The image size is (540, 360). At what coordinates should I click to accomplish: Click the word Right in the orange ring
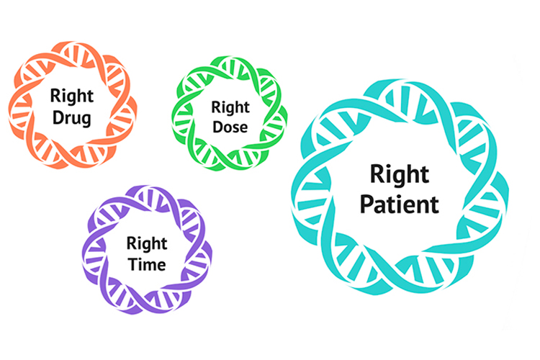pyautogui.click(x=71, y=96)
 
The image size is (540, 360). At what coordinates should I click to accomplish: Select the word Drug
pyautogui.click(x=71, y=118)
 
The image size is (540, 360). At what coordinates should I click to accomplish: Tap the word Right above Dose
pyautogui.click(x=230, y=108)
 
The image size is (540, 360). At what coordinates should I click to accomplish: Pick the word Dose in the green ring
pyautogui.click(x=230, y=127)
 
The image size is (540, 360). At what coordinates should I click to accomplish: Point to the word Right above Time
pyautogui.click(x=147, y=244)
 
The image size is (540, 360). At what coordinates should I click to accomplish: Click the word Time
pyautogui.click(x=147, y=264)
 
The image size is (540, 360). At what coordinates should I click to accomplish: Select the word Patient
pyautogui.click(x=400, y=204)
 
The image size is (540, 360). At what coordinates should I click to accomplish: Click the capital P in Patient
pyautogui.click(x=367, y=204)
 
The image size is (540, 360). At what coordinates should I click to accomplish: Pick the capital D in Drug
pyautogui.click(x=58, y=117)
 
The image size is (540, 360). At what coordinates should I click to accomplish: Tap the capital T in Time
pyautogui.click(x=133, y=264)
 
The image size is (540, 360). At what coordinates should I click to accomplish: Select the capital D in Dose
pyautogui.click(x=218, y=127)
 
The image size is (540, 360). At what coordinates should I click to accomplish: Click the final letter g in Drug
pyautogui.click(x=86, y=120)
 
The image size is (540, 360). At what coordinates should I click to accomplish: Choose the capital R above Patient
pyautogui.click(x=378, y=174)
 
